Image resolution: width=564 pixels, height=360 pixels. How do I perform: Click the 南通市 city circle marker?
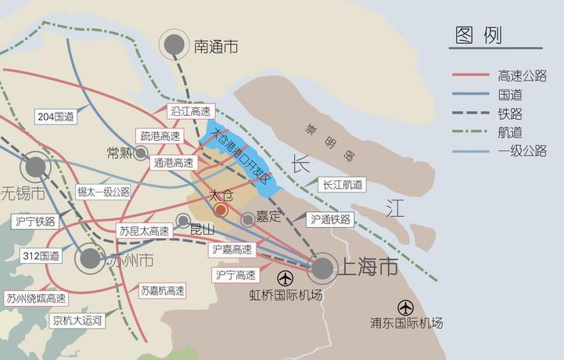coord(174,45)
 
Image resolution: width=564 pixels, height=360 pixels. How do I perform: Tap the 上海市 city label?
coord(367,268)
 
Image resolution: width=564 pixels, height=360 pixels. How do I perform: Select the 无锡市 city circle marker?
coord(35,167)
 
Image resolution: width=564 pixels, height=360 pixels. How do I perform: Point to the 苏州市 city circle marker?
coord(90,257)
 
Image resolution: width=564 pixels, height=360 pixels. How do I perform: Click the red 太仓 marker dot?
coord(221,210)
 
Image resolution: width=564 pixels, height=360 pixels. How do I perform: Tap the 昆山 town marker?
coord(182,221)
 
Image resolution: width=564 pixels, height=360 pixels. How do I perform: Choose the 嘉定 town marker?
coord(248,219)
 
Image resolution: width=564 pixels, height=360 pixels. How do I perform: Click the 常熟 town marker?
coord(141,153)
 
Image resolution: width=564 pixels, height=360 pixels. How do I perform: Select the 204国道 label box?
coord(56,117)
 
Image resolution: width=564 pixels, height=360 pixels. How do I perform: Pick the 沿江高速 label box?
coord(190,112)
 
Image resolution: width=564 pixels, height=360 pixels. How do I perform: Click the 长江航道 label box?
coord(342,185)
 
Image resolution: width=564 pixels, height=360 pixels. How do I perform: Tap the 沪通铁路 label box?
coord(329,220)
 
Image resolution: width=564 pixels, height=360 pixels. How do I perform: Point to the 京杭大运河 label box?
coord(76,320)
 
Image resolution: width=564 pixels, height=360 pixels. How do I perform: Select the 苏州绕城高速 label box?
coord(35,298)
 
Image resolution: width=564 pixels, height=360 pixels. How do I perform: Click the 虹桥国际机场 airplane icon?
coord(286,277)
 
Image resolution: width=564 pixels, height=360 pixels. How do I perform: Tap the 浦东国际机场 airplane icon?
coord(405,307)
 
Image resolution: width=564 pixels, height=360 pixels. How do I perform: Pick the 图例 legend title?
coord(478,35)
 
